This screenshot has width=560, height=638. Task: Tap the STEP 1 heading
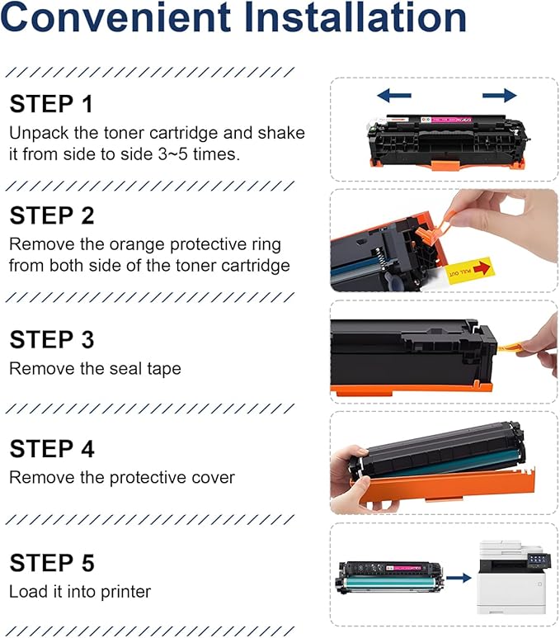pos(51,105)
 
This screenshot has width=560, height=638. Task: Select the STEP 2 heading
pos(51,216)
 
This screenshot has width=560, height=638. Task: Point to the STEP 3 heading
pos(51,340)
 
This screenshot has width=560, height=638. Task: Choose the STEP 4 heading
pos(51,449)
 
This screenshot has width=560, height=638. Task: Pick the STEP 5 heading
pos(51,563)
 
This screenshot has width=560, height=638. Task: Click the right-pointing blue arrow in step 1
pos(499,96)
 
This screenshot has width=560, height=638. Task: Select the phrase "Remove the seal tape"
pos(95,369)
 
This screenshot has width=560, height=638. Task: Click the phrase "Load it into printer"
pos(80,591)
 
